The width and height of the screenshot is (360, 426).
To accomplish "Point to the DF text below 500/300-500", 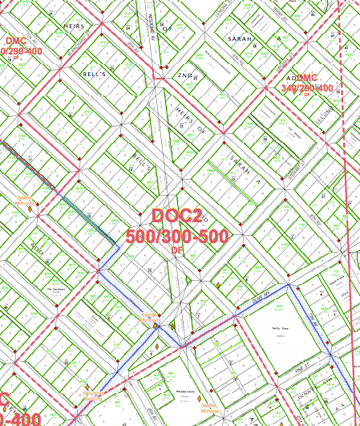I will point(177,250).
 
